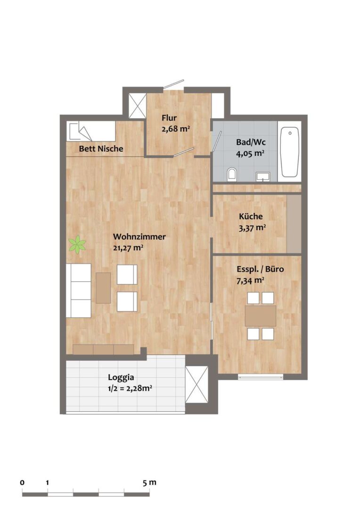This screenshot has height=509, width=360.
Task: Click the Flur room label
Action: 169,118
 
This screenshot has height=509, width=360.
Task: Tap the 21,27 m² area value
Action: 128,247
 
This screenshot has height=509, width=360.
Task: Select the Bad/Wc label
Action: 251,142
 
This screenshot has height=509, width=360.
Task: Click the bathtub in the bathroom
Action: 290,152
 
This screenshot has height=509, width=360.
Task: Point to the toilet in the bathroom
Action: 231,174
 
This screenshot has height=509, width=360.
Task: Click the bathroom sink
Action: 262,176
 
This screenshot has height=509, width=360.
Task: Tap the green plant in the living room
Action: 77,245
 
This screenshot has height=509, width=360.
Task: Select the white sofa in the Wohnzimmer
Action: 79,290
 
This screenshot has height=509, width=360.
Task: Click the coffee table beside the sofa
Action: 103,288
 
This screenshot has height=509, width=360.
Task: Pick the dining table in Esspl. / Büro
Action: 261,316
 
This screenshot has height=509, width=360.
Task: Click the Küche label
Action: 251,216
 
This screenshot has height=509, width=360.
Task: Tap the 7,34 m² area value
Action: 250,280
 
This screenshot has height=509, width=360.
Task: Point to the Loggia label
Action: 121,378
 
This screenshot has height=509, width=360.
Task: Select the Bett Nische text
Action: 101,148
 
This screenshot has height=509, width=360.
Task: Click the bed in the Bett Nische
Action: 91,131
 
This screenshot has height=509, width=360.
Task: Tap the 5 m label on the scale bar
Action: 150,483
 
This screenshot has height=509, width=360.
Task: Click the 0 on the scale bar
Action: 22,483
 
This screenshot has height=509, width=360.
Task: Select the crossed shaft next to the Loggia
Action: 196,385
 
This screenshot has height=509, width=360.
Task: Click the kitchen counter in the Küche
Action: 294,224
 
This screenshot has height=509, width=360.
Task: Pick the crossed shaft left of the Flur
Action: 137,106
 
